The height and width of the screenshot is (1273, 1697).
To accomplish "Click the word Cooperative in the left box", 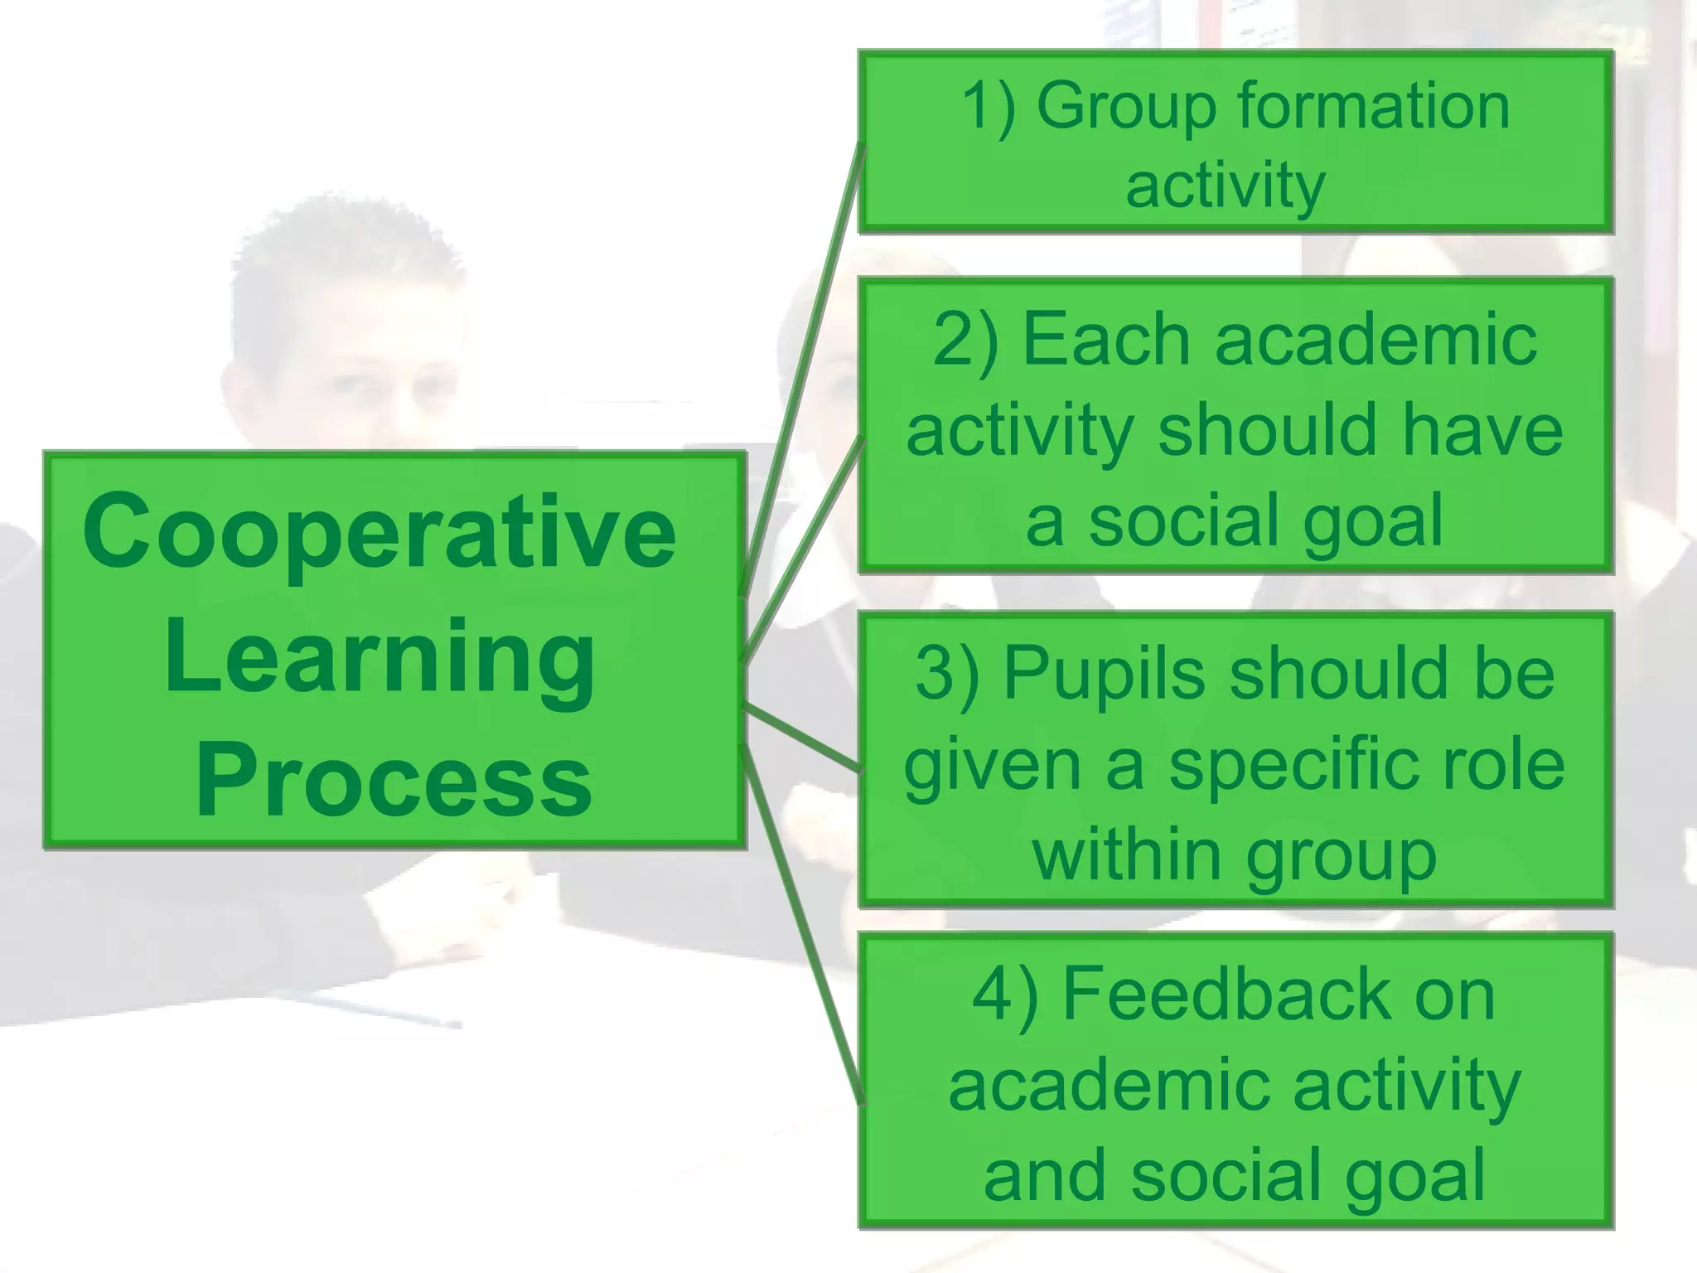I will coord(380,532).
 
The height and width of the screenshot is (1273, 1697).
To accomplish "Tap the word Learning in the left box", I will coord(380,659).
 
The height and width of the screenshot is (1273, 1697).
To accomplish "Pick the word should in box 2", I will coord(1268,431).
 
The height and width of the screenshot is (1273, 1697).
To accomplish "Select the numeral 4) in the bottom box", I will coord(1004,996).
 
